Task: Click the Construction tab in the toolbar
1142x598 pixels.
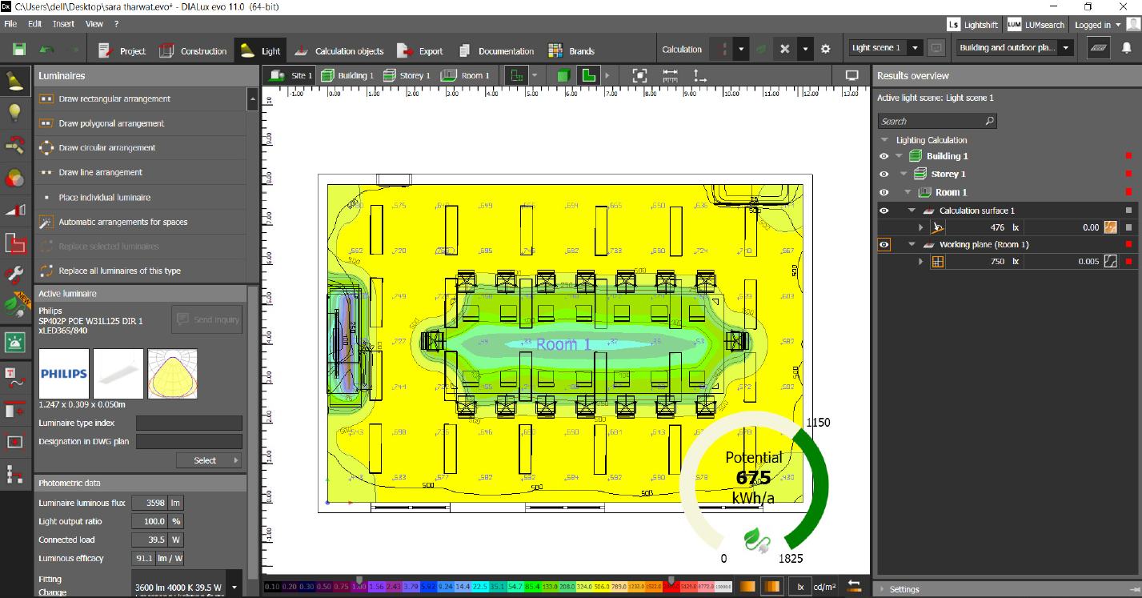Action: click(x=194, y=51)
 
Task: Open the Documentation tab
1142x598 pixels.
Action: click(x=497, y=51)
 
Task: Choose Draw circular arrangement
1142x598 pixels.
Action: click(x=106, y=148)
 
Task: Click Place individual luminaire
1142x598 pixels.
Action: click(x=104, y=198)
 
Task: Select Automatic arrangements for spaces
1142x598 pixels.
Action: click(x=122, y=222)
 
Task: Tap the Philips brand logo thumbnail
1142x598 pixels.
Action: click(x=64, y=373)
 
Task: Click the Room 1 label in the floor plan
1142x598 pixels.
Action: click(x=563, y=345)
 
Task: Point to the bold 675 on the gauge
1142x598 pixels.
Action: click(x=753, y=478)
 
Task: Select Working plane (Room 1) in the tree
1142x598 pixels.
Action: click(x=984, y=245)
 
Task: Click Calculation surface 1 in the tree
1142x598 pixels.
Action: click(x=976, y=211)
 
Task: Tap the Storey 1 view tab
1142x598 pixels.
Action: click(x=407, y=76)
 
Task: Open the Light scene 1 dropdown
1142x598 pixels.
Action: click(x=886, y=48)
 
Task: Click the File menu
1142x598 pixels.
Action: click(x=11, y=25)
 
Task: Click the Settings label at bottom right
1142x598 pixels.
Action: click(x=904, y=589)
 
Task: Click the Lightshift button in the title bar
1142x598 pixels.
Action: click(x=973, y=26)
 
